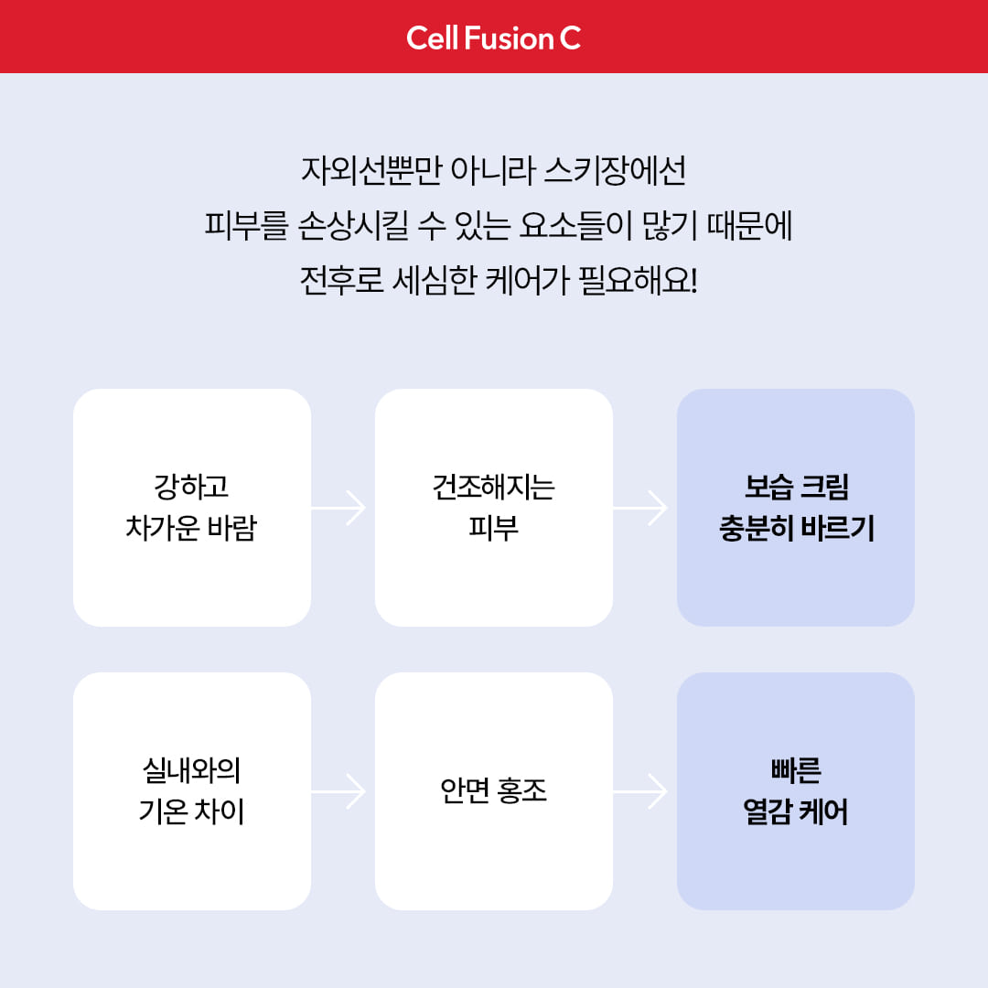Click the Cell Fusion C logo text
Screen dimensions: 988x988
(493, 38)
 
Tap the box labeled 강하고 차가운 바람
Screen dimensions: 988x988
(192, 508)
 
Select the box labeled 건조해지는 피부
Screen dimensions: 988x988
(494, 508)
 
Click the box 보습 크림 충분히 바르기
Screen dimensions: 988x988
(796, 508)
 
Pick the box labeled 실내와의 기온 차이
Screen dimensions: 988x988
(192, 791)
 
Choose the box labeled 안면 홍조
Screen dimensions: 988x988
(494, 791)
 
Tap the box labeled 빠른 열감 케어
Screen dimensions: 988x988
(796, 791)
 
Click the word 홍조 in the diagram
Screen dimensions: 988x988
(522, 791)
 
